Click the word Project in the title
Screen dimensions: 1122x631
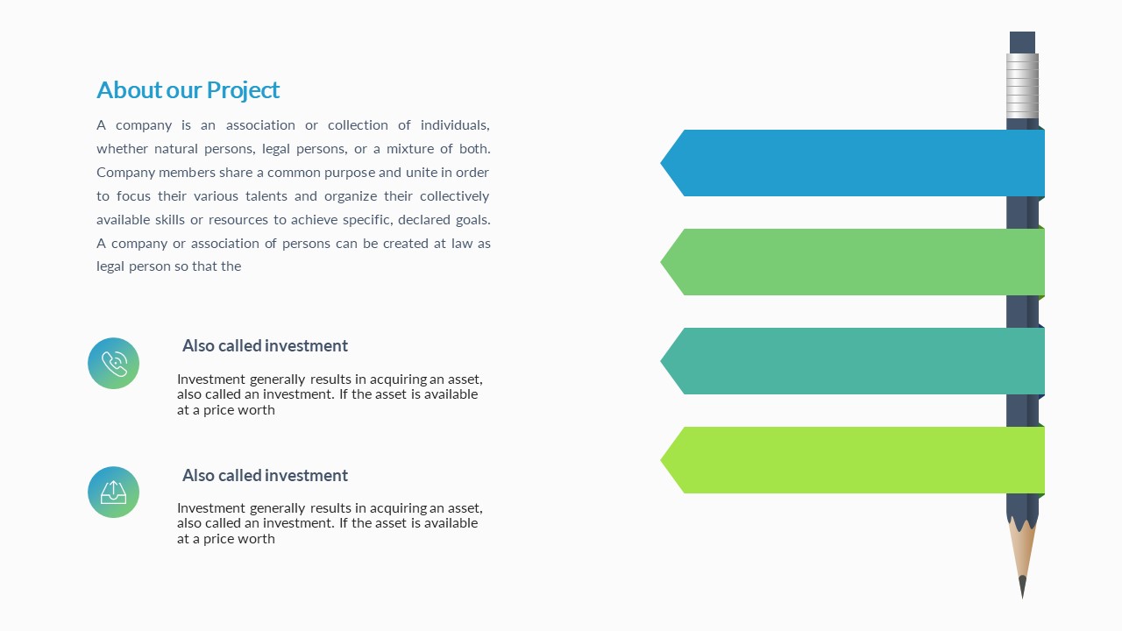tap(243, 90)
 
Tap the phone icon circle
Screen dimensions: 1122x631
tap(113, 363)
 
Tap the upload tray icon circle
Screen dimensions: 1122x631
tap(113, 492)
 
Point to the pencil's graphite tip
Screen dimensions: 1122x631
tap(1022, 586)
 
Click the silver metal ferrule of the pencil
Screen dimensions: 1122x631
tap(1022, 86)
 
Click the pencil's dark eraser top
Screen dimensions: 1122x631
tap(1022, 42)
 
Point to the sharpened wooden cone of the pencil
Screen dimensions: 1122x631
tap(1022, 549)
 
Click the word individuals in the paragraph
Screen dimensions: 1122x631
tap(455, 124)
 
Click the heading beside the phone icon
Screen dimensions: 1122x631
tap(265, 345)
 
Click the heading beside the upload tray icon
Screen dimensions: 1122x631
tap(265, 475)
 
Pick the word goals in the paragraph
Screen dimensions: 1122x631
tap(472, 220)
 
